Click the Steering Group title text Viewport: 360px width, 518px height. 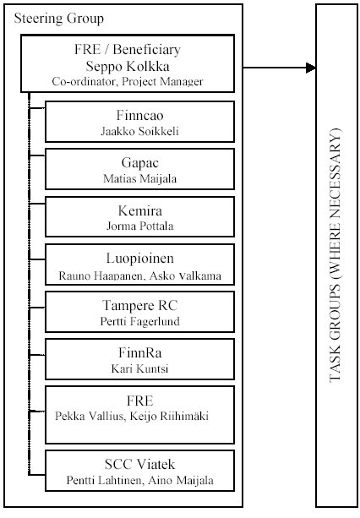click(59, 19)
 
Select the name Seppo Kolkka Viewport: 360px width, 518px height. click(128, 67)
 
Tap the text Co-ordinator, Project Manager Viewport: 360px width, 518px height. click(128, 81)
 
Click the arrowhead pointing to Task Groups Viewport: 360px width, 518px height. click(311, 68)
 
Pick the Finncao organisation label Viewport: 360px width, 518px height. click(139, 115)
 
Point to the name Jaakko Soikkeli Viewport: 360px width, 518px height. click(139, 131)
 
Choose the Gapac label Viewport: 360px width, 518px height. click(139, 163)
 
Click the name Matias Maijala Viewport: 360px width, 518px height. click(139, 179)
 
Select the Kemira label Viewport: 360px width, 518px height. click(139, 210)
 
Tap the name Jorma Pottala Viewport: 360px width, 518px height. click(139, 226)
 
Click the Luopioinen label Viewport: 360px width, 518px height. click(139, 259)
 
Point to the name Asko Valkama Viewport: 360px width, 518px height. click(185, 275)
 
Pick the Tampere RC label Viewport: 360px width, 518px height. click(139, 306)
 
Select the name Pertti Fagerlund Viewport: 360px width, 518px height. click(139, 321)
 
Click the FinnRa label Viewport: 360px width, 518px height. click(139, 353)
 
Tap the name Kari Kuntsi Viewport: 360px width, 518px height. click(139, 368)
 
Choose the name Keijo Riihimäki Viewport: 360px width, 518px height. click(169, 416)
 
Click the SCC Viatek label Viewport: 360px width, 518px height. click(139, 465)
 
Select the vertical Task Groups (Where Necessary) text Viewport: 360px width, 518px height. click(335, 255)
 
